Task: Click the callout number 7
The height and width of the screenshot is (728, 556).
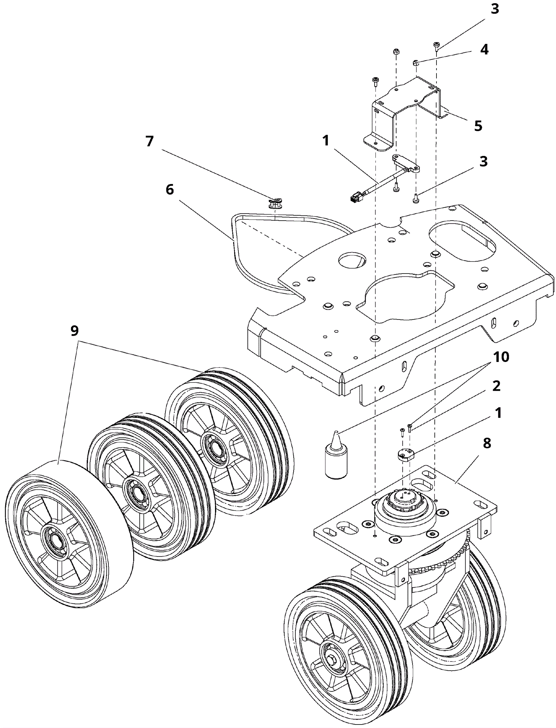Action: tap(149, 141)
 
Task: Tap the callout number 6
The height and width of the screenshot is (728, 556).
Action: tap(170, 190)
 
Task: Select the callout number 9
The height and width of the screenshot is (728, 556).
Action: tap(74, 331)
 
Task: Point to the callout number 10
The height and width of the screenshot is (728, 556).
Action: tap(501, 357)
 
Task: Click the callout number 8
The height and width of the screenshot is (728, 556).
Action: tap(487, 443)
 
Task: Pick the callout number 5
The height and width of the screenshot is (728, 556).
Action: tap(478, 126)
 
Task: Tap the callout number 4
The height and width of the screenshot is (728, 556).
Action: tap(484, 49)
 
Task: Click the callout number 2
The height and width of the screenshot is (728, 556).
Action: tap(496, 386)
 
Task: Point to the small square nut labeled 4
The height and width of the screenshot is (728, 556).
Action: tap(416, 63)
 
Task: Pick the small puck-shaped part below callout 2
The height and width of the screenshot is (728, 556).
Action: tap(406, 455)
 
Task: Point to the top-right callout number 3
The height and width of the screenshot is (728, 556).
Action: tap(494, 9)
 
